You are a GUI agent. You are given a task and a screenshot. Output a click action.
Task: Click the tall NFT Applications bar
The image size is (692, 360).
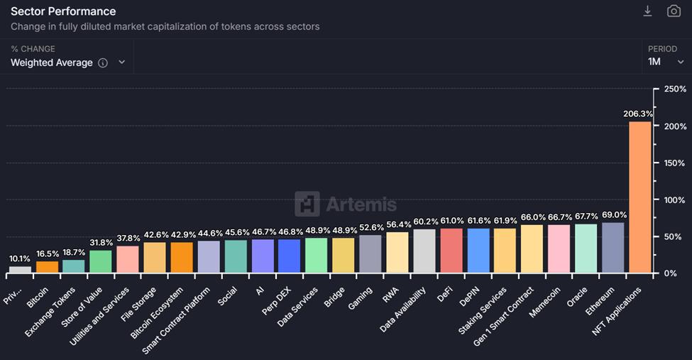[640, 197]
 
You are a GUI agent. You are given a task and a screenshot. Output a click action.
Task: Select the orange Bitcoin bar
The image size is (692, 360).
[47, 267]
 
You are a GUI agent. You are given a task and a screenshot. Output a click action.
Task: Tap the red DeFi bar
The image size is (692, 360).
[451, 251]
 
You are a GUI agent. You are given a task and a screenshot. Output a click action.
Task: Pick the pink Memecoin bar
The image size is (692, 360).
[559, 249]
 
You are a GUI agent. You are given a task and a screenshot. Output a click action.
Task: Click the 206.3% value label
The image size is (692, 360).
[639, 114]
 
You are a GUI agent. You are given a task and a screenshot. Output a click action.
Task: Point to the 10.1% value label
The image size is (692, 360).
[20, 259]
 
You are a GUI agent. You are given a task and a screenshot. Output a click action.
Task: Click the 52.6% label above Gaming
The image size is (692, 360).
[370, 227]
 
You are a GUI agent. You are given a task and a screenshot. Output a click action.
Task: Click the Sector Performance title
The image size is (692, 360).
[63, 11]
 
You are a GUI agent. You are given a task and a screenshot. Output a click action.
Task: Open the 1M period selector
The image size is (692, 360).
[665, 62]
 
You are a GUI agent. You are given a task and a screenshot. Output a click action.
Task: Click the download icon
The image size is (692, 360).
[647, 11]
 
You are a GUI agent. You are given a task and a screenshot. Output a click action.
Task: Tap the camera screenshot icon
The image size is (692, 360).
[674, 11]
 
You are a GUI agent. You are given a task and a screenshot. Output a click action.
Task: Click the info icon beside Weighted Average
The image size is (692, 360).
[103, 62]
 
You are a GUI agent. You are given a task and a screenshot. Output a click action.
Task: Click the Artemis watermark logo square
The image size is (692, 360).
[307, 204]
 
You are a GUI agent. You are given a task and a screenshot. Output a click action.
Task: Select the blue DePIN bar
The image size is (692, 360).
[478, 251]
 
